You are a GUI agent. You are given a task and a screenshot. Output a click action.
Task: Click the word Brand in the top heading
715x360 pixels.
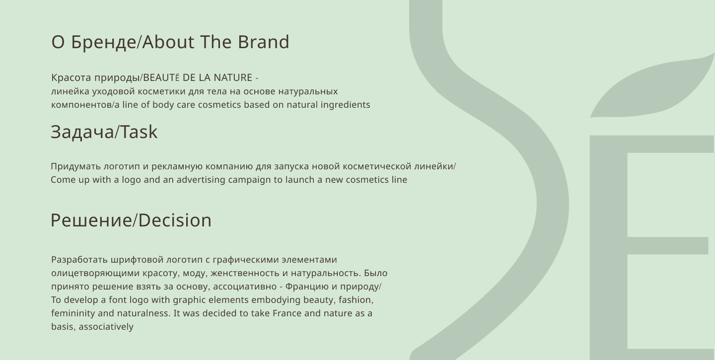click(264, 42)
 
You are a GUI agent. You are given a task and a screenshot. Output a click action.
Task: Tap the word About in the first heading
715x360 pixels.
click(168, 42)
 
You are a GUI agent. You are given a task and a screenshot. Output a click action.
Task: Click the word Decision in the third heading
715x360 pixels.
click(175, 220)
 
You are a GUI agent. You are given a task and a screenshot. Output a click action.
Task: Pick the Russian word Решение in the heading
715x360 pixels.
click(91, 220)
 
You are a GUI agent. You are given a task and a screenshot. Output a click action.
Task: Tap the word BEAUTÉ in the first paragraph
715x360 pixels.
click(161, 77)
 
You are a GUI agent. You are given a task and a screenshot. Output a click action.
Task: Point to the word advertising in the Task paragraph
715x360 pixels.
click(201, 180)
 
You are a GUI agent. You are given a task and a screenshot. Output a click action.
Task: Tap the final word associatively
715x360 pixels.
click(106, 327)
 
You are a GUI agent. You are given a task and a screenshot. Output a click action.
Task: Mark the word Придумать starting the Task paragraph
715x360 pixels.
click(76, 167)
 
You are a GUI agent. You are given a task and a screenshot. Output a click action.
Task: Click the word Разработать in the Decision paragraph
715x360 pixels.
click(79, 260)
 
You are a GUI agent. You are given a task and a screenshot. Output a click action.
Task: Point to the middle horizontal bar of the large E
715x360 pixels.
click(668, 246)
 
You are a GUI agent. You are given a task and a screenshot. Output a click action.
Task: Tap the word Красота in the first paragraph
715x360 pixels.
click(71, 77)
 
